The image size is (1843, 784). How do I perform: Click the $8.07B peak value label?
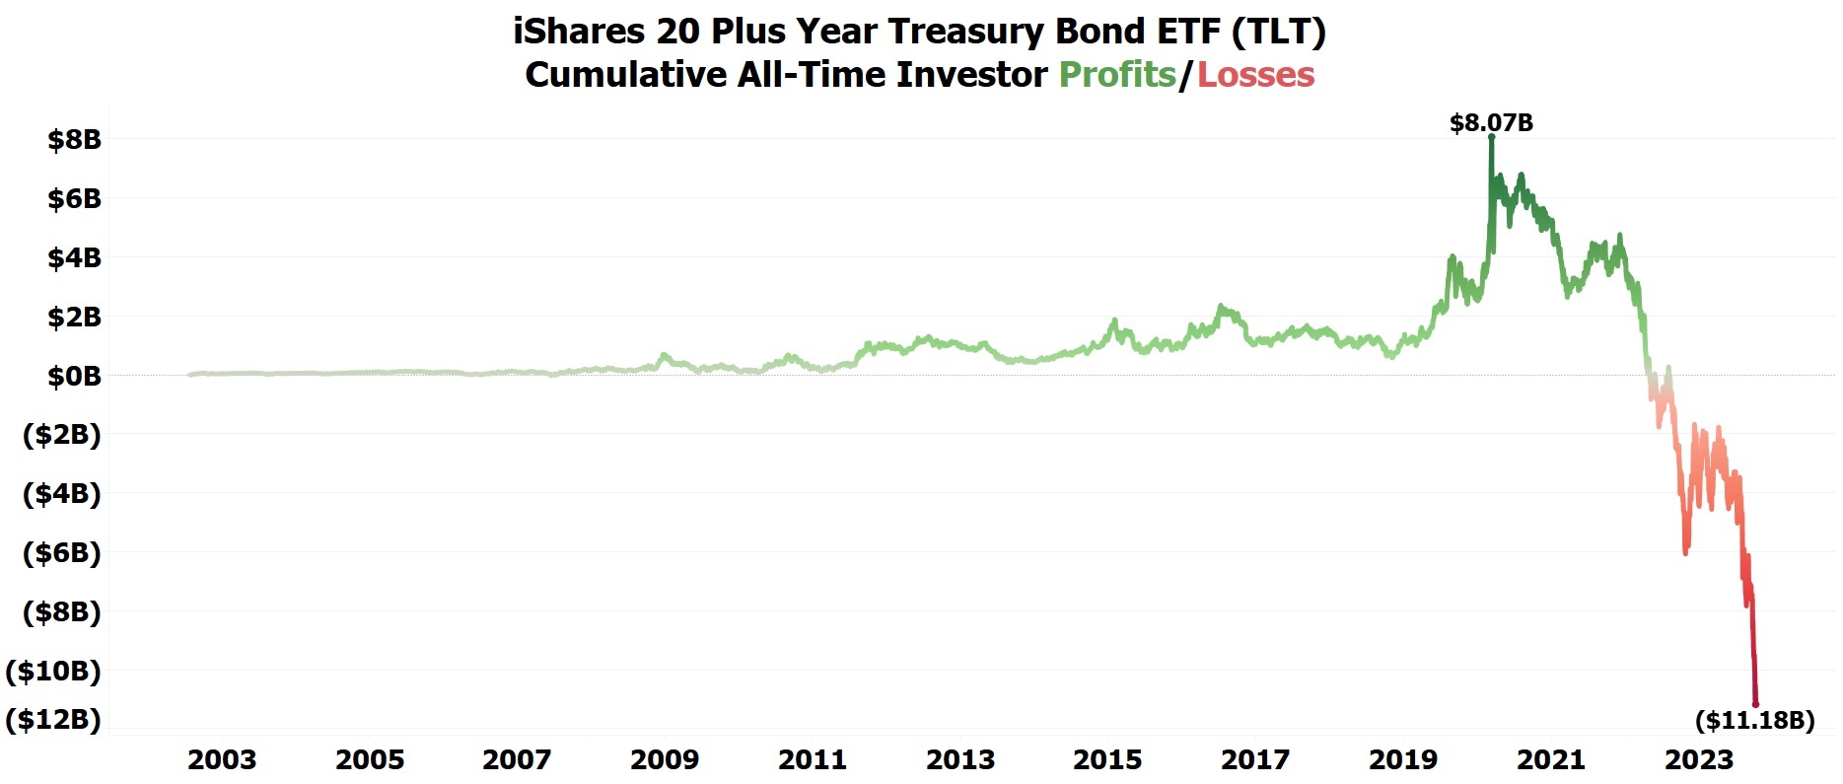tap(1491, 123)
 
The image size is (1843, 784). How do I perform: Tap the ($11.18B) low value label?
tap(1754, 720)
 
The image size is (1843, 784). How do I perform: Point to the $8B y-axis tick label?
tap(74, 140)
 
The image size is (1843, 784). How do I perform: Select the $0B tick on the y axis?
tap(74, 376)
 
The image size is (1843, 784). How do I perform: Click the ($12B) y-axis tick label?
tap(53, 719)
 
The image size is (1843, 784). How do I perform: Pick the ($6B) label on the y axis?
tap(61, 552)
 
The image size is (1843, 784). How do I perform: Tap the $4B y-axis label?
tap(74, 258)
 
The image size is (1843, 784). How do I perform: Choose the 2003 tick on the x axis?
tap(222, 759)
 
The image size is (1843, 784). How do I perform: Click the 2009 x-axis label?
tap(665, 759)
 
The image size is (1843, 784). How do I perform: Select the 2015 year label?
tap(1107, 759)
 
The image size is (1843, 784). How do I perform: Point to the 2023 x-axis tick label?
tap(1698, 759)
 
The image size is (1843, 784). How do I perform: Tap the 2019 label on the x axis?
tap(1403, 759)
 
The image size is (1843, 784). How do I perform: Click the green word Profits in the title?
tap(1117, 75)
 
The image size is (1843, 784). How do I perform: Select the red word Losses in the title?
tap(1255, 75)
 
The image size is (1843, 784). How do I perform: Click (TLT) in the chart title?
tap(1278, 32)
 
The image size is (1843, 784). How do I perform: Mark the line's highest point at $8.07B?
tap(1491, 137)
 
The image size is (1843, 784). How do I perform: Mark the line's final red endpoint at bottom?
tap(1755, 704)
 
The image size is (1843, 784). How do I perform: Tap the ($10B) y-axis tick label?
tap(53, 671)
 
